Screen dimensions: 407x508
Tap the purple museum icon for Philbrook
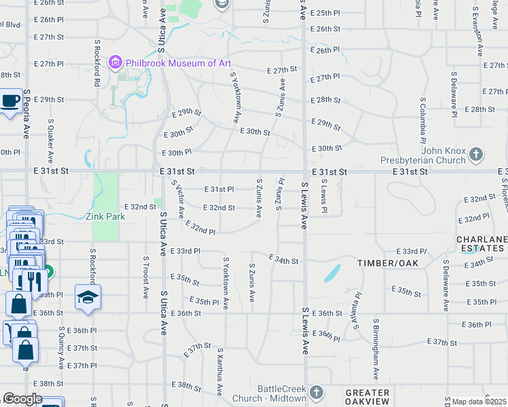(115, 63)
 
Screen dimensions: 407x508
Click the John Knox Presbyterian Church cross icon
(475, 155)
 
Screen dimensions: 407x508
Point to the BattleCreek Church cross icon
(316, 392)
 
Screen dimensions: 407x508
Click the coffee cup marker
(10, 101)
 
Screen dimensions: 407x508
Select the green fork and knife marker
(30, 279)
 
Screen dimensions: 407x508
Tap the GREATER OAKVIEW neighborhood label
(367, 398)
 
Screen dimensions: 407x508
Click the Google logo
(22, 399)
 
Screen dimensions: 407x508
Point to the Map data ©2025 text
(479, 402)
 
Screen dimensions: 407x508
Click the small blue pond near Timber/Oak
(332, 273)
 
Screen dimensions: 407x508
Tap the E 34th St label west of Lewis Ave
(283, 260)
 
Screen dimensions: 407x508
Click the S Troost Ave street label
(145, 278)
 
